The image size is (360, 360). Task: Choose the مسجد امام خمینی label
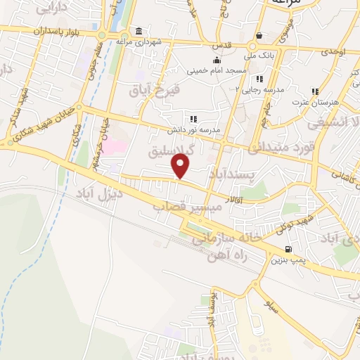[x=217, y=71]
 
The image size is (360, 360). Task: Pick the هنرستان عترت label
[x=315, y=103]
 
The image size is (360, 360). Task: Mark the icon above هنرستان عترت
[x=315, y=91]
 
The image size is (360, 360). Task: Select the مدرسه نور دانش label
[x=194, y=130]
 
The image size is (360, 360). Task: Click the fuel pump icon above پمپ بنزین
[x=288, y=250]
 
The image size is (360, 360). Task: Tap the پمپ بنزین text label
[x=288, y=260]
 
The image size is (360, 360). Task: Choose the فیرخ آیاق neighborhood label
[x=155, y=90]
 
